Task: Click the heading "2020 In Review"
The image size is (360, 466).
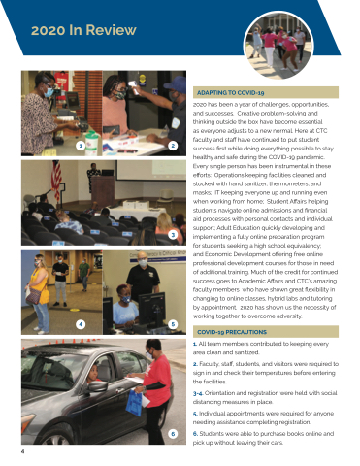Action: tap(83, 30)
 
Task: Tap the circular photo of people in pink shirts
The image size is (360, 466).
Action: tap(278, 45)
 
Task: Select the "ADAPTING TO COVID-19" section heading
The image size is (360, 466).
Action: tap(231, 93)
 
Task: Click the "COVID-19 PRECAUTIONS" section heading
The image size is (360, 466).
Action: tap(232, 332)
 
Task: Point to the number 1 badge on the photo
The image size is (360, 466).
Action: tap(81, 146)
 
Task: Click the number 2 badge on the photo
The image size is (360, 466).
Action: tap(173, 146)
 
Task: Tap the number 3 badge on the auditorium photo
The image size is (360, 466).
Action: tap(173, 235)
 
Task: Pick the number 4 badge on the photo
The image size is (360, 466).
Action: tap(81, 324)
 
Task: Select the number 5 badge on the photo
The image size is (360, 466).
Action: tap(173, 324)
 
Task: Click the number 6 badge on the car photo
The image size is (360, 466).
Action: tap(173, 434)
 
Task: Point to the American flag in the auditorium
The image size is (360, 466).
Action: tap(56, 180)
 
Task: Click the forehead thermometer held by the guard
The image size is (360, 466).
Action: tap(133, 86)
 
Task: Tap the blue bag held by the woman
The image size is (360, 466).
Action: tap(134, 403)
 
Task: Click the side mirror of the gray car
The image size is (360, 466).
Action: tap(97, 386)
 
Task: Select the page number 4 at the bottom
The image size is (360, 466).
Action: tap(22, 451)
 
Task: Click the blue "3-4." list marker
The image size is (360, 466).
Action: tap(198, 393)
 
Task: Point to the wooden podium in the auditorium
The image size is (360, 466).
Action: tap(103, 191)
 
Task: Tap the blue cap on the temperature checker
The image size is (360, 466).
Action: tap(175, 83)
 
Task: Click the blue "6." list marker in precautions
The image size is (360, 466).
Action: tap(195, 434)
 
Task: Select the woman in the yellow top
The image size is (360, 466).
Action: tap(40, 294)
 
